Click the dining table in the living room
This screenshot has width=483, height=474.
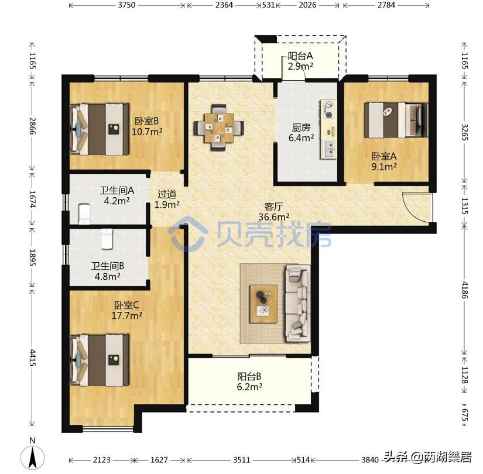219,128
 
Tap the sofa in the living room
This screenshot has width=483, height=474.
297,303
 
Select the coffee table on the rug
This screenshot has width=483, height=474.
263,304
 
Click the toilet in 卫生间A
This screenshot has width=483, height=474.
84,214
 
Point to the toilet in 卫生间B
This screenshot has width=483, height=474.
107,238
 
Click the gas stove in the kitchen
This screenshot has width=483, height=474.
328,109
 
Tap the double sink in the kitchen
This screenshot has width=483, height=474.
328,149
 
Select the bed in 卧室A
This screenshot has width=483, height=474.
396,120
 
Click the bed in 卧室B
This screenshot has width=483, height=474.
100,129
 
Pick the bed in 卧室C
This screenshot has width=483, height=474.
100,360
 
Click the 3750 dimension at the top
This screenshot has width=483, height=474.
126,5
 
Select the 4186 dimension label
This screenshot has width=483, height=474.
464,290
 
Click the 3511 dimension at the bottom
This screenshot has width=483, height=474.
241,460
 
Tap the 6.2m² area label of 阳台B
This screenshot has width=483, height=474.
249,387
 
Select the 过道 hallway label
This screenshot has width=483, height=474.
167,194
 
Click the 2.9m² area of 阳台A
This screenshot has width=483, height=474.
300,66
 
